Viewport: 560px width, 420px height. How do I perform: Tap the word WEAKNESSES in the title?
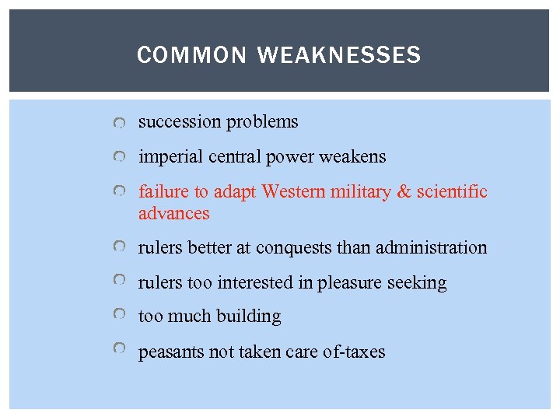(338, 55)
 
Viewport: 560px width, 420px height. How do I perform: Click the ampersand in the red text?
(405, 191)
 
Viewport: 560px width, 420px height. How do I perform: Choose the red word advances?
(173, 213)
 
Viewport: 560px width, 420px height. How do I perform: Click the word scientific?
(454, 191)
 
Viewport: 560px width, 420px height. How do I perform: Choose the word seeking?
(420, 283)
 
